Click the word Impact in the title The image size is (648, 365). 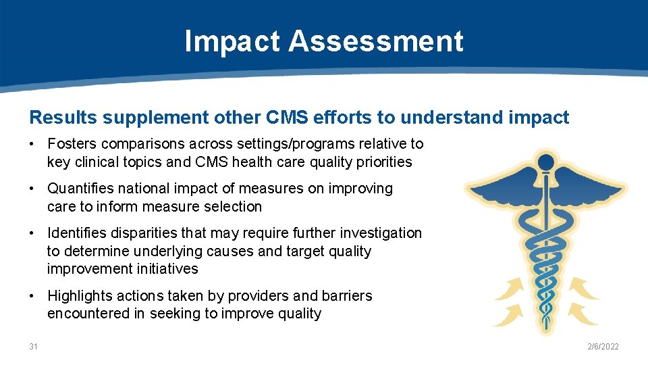232,41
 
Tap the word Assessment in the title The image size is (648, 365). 376,41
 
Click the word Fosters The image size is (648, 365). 72,144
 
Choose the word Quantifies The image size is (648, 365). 80,189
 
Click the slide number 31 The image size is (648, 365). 34,347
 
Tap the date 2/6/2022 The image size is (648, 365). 603,347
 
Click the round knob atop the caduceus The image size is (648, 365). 546,162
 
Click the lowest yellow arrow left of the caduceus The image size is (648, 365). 510,314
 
